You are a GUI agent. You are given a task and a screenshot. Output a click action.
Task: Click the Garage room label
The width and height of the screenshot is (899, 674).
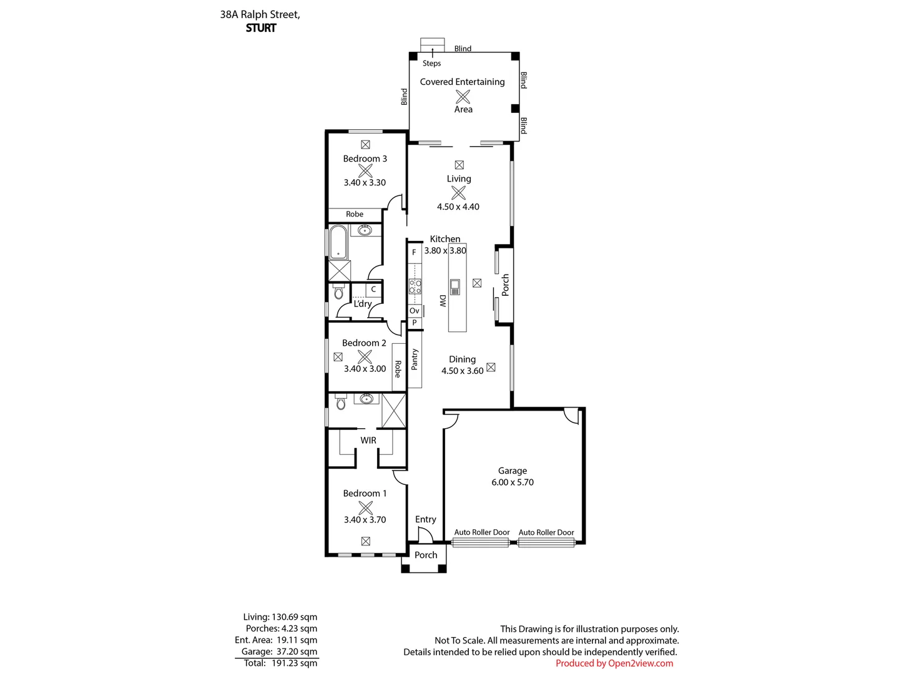(512, 471)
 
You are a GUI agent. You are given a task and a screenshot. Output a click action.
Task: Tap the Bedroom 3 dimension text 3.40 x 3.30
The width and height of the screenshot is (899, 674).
(365, 183)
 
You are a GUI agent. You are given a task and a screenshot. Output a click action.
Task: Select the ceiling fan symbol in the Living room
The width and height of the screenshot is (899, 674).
(458, 193)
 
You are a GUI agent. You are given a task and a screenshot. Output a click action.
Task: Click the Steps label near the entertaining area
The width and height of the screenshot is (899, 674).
(431, 63)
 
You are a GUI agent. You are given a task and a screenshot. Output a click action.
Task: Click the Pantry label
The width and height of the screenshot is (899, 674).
(415, 359)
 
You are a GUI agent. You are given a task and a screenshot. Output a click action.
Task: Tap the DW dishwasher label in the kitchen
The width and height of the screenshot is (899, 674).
(442, 301)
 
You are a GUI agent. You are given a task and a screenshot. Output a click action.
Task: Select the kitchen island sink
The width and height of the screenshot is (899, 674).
(454, 286)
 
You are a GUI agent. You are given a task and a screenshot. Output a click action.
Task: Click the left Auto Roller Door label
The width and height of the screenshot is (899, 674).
(481, 532)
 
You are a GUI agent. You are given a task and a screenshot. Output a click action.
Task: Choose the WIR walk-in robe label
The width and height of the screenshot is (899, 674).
(368, 440)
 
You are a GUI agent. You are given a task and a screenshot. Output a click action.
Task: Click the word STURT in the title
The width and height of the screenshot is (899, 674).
(261, 28)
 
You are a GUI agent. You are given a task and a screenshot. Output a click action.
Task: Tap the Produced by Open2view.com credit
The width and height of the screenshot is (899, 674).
(614, 663)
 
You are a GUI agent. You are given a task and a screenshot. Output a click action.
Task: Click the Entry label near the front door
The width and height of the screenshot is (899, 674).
(425, 519)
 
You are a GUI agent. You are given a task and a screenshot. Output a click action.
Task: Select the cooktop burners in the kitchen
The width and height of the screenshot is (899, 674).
(415, 286)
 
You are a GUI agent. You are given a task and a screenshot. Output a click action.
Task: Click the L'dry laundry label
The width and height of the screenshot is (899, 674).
(363, 304)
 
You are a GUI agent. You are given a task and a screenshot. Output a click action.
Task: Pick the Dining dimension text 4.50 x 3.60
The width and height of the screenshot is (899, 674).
(462, 371)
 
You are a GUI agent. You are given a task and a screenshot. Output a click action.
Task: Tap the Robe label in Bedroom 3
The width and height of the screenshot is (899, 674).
(355, 214)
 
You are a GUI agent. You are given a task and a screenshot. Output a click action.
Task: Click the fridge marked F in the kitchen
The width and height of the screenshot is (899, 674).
(414, 253)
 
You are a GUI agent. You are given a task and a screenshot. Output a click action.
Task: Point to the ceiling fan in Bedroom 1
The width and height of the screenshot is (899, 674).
(365, 507)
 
